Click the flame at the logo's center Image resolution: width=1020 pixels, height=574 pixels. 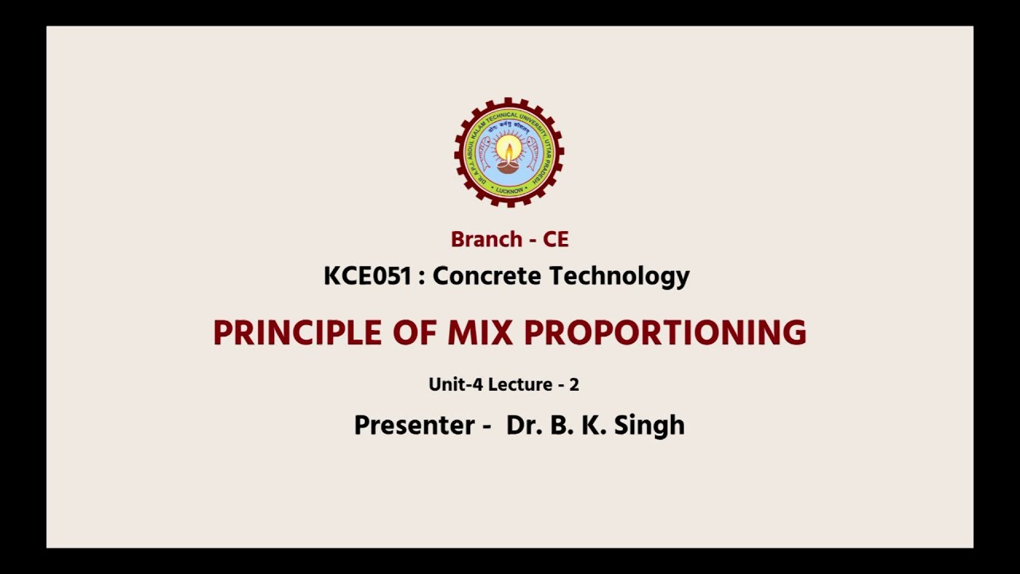click(508, 149)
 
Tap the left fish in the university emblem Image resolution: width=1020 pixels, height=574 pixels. click(484, 153)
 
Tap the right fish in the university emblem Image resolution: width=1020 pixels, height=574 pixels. click(532, 153)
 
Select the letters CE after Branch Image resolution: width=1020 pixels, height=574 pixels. click(555, 239)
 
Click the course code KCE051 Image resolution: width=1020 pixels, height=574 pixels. click(367, 276)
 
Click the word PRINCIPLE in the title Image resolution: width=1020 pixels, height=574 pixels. click(297, 332)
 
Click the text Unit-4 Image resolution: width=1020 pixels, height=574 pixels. click(456, 384)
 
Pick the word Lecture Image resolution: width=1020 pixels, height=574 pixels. click(520, 384)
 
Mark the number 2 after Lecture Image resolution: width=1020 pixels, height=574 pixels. click(574, 384)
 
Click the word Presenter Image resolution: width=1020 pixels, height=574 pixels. click(415, 425)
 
